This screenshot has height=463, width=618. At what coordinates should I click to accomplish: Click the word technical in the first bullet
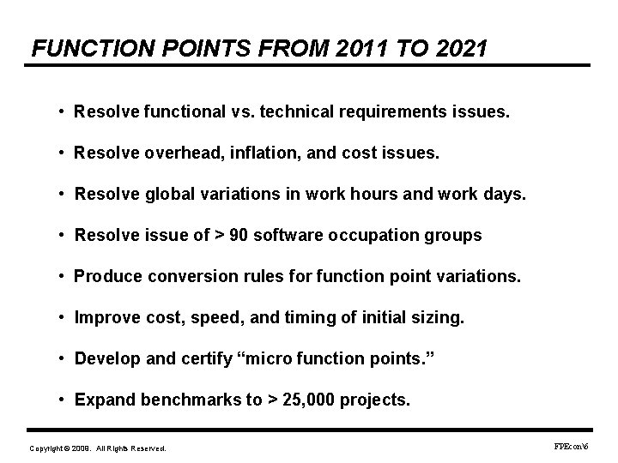pos(298,112)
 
